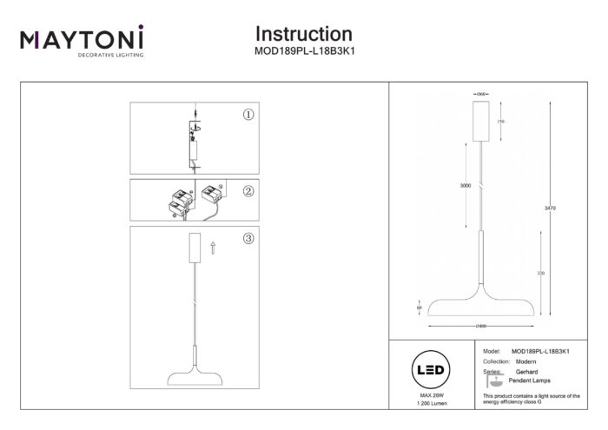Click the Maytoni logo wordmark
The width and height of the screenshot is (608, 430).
point(83,40)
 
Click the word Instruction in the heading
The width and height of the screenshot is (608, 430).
point(303,34)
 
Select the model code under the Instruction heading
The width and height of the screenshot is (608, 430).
point(303,50)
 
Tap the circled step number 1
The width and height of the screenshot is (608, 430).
point(248,114)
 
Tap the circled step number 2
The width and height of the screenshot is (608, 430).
point(248,191)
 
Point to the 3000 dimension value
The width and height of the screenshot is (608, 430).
point(466,186)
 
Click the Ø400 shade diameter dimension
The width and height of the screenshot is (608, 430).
point(481,326)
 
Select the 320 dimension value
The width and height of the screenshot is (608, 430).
point(540,273)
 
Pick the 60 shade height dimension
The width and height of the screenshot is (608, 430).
point(420,308)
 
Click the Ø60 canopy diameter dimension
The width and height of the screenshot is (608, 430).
point(481,92)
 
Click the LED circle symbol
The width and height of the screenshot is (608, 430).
point(433,370)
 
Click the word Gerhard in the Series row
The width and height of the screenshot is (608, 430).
point(527,372)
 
